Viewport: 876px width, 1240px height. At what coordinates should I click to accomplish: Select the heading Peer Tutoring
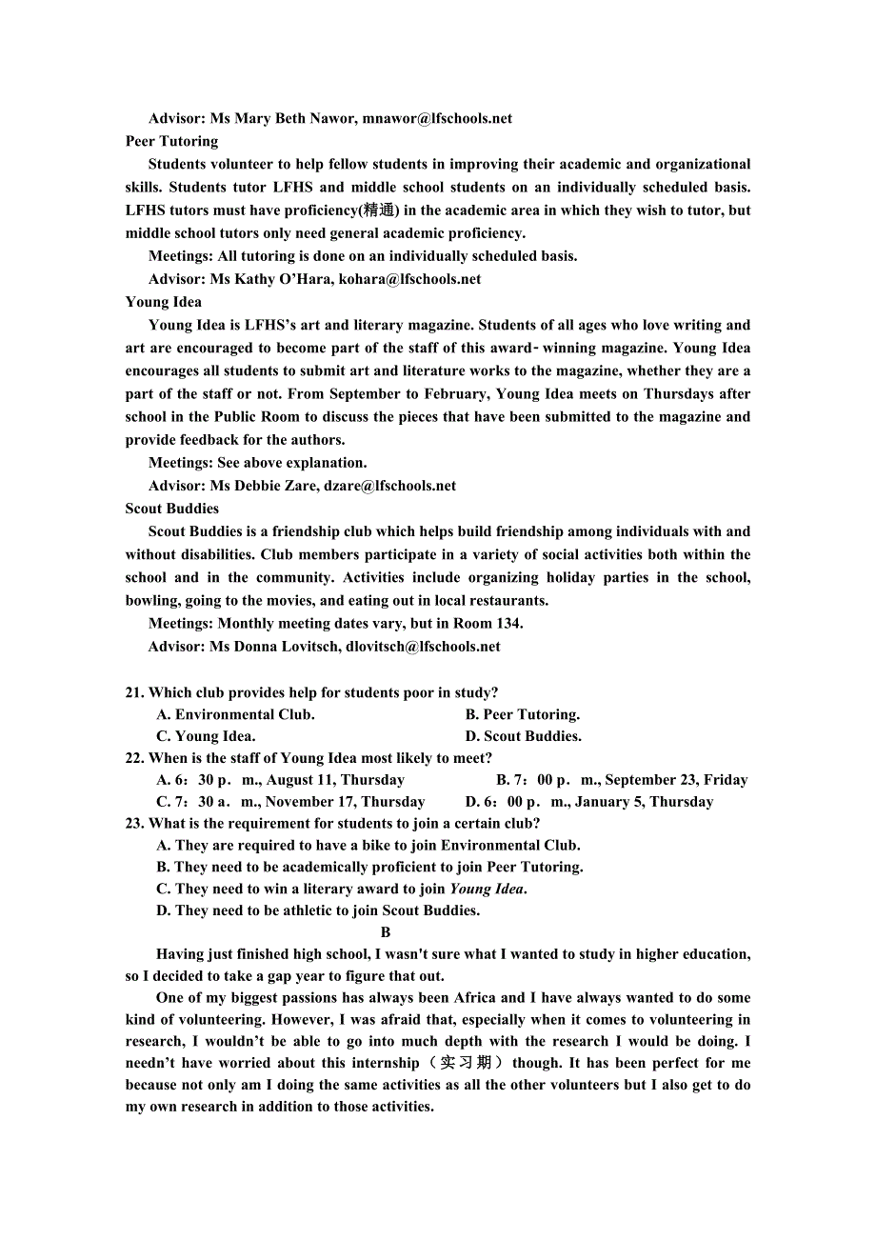tap(171, 142)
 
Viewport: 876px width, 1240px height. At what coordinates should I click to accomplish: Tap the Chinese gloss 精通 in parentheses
tap(380, 210)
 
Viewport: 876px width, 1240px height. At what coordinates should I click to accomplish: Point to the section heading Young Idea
tap(163, 302)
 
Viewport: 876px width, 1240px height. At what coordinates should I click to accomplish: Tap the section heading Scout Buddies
tap(171, 509)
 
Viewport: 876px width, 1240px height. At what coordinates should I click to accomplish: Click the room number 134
tap(508, 624)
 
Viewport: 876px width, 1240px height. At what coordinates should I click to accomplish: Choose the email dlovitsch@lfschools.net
tap(423, 647)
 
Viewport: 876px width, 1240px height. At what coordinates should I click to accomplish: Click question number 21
tap(134, 693)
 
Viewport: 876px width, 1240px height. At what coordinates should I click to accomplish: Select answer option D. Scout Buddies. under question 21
tap(523, 736)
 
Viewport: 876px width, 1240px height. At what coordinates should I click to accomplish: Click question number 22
tap(134, 759)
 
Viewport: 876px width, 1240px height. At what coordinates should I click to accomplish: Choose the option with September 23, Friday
tap(622, 781)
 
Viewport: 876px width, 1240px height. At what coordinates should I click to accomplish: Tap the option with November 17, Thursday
tap(290, 803)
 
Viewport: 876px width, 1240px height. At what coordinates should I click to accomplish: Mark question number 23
tap(134, 824)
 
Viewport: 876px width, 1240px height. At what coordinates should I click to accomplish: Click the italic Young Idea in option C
tap(486, 890)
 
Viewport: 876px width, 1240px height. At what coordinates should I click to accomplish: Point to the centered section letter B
tap(386, 933)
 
